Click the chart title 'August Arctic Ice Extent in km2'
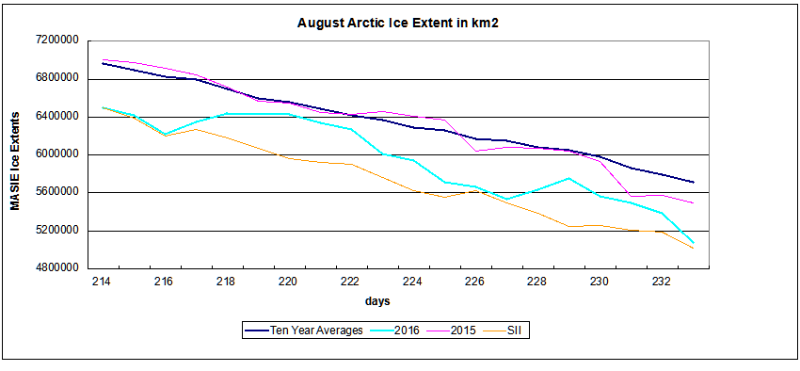tap(397, 24)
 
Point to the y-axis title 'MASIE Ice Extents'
tap(16, 161)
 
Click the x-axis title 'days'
tap(377, 301)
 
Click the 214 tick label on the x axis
tap(103, 281)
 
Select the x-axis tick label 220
tap(289, 281)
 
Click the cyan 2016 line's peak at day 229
tap(568, 178)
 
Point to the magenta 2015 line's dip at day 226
tap(475, 151)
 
